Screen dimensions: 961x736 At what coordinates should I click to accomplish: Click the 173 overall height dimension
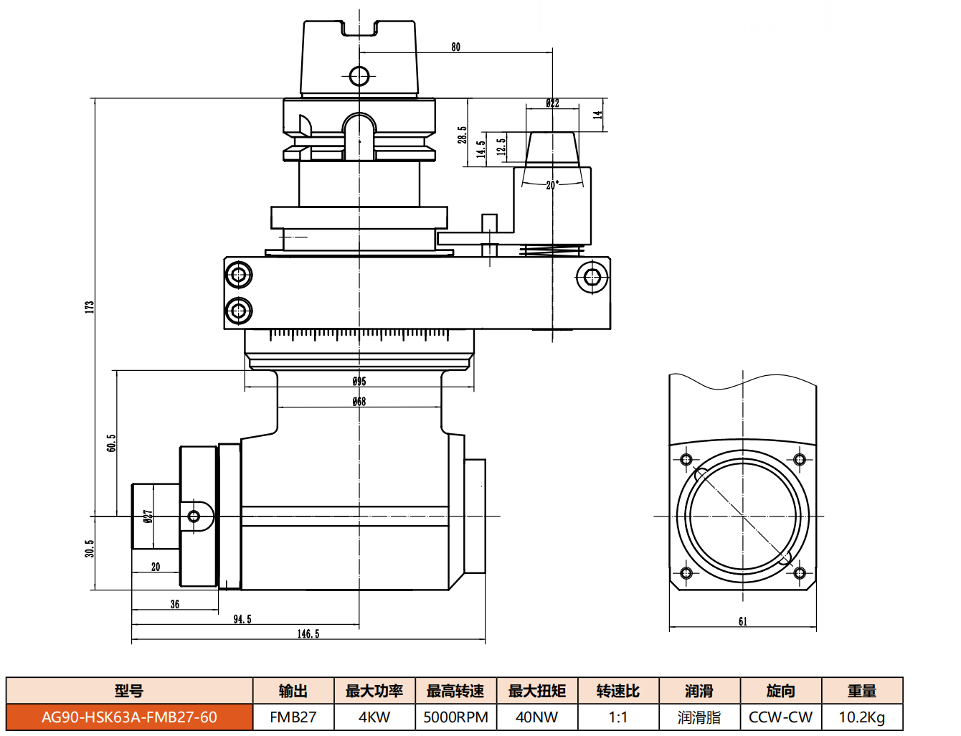[x=90, y=307]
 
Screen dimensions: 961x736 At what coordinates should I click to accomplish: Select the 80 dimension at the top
[x=455, y=47]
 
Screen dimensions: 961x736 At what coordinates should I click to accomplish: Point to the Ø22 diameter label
[x=552, y=103]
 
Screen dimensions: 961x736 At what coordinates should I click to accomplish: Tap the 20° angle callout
[x=552, y=185]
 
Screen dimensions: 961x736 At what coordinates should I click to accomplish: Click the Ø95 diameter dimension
[x=359, y=381]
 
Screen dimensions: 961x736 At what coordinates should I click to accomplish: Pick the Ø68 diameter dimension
[x=359, y=401]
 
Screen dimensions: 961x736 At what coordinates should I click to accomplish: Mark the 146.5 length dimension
[x=308, y=634]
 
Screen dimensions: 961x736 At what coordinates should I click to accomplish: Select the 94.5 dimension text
[x=242, y=619]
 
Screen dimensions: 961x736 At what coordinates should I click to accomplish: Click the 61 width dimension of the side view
[x=742, y=621]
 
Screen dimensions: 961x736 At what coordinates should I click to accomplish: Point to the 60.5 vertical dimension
[x=111, y=443]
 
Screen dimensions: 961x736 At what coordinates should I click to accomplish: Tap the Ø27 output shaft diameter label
[x=148, y=516]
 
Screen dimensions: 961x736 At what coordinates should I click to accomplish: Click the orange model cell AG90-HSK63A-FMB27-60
[x=129, y=717]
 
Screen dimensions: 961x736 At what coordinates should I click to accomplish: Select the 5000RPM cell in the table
[x=455, y=717]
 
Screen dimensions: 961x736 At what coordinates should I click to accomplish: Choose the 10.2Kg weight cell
[x=861, y=717]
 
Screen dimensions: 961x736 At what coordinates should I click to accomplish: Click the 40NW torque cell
[x=537, y=717]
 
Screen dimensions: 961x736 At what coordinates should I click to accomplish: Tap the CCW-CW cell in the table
[x=780, y=717]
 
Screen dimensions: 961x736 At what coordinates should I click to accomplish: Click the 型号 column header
[x=129, y=690]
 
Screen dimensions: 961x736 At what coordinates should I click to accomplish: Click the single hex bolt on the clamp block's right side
[x=592, y=278]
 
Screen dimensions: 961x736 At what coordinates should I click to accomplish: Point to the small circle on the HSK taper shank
[x=359, y=76]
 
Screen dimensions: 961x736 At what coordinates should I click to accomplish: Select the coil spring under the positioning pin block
[x=551, y=251]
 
